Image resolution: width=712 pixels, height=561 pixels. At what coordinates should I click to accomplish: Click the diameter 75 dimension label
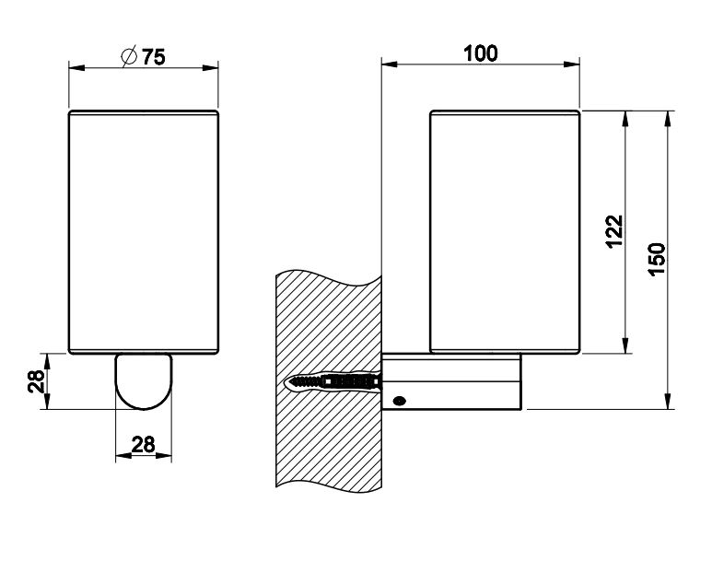pos(144,57)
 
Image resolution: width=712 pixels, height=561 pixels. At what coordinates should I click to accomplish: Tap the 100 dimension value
pos(481,53)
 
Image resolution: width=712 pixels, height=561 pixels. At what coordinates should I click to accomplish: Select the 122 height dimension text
pos(615,231)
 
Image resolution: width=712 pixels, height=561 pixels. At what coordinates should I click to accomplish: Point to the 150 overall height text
pos(657,260)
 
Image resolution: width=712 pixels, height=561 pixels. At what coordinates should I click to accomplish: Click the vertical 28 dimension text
pos(36,381)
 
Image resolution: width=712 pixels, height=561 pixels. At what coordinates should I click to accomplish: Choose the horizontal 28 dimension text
pos(143,444)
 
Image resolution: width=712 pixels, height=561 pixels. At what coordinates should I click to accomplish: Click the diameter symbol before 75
pos(129,57)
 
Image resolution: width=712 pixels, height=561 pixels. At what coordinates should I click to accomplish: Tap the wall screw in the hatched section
pos(333,381)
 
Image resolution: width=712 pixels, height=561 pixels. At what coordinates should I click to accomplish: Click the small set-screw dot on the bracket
pos(400,401)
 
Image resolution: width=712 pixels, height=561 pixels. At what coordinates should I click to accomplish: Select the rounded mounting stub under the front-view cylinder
pos(144,381)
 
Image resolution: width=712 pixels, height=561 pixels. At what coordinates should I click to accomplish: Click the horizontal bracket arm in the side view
pos(452,381)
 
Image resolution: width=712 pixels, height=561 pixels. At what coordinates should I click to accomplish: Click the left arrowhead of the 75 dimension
pos(76,67)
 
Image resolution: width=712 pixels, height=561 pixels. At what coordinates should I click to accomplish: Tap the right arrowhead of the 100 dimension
pos(572,64)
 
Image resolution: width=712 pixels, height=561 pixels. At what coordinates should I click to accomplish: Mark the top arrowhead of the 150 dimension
pos(668,119)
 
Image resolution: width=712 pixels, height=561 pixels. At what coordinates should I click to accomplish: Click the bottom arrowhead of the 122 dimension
pos(626,345)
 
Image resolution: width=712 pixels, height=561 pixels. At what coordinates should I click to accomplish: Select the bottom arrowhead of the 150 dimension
pos(668,401)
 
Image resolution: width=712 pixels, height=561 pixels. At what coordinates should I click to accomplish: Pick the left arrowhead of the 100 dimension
pos(390,64)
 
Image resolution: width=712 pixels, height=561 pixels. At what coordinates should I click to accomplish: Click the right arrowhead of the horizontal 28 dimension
pos(164,455)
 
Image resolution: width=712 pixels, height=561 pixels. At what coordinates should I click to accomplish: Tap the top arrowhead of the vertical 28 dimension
pos(47,362)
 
